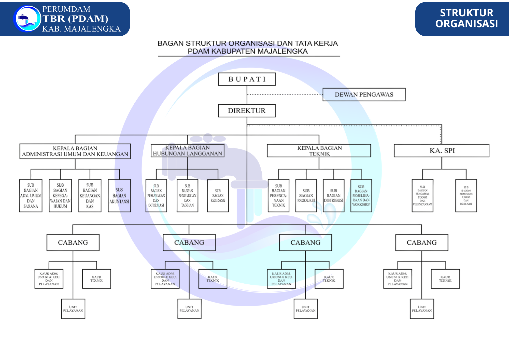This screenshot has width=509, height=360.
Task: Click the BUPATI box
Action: coord(247,79)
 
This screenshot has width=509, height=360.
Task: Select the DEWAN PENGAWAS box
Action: coord(364,94)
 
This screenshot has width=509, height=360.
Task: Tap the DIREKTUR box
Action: coord(247,111)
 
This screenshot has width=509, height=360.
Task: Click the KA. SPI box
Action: coord(442,150)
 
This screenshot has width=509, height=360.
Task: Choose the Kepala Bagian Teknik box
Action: coord(319,151)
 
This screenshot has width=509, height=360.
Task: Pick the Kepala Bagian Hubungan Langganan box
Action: coord(188,151)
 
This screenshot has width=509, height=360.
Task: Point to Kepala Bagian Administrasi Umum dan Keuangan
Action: coord(75,151)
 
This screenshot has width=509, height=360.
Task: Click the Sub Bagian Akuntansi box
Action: coord(119,196)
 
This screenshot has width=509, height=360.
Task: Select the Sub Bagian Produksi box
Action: coord(306,196)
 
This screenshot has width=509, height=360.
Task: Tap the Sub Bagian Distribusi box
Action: coord(334,196)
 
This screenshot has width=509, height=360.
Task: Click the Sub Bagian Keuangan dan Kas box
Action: coord(90,196)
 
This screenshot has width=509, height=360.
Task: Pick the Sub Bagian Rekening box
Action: coord(218,196)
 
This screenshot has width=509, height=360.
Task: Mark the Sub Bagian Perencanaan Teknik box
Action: coord(279,196)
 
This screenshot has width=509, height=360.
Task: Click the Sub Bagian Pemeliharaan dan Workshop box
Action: coord(361,196)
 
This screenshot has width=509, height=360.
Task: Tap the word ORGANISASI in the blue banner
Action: coord(466,24)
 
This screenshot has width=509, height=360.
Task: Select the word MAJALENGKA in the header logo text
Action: coord(92,29)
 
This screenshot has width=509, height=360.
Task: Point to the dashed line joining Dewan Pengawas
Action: coord(285,95)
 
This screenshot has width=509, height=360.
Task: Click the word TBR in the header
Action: coord(54,19)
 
